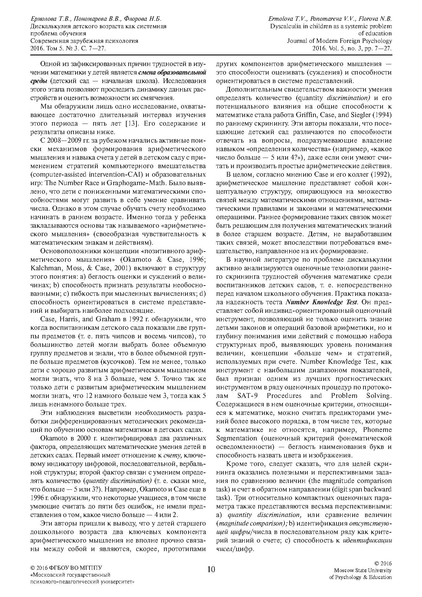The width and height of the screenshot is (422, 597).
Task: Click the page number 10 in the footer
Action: coord(211,569)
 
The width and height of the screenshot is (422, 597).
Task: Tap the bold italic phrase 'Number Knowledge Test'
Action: coord(321,302)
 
